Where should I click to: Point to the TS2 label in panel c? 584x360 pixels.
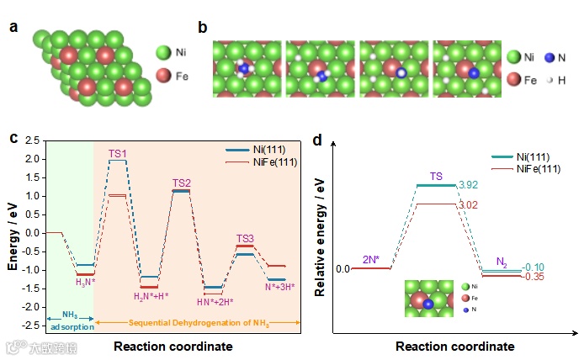tap(182, 183)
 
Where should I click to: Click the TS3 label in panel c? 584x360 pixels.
tap(245, 238)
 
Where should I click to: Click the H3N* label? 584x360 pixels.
tap(85, 282)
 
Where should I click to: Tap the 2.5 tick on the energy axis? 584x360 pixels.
tap(30, 140)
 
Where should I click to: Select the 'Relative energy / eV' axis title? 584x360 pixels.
tap(320, 239)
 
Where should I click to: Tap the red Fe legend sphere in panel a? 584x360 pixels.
tap(163, 77)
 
